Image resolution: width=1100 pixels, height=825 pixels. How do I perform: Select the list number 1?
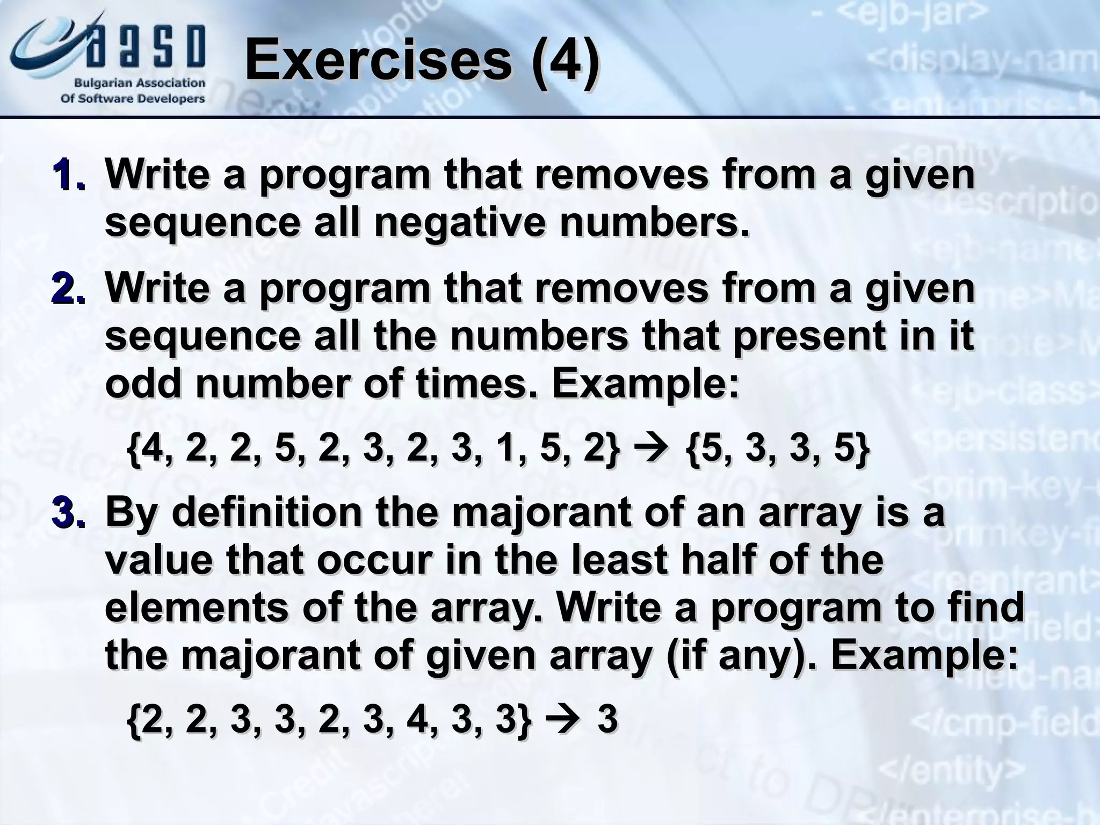[68, 176]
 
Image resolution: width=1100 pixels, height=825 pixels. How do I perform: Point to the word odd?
[143, 383]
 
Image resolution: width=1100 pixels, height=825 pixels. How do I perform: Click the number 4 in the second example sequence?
[417, 719]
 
